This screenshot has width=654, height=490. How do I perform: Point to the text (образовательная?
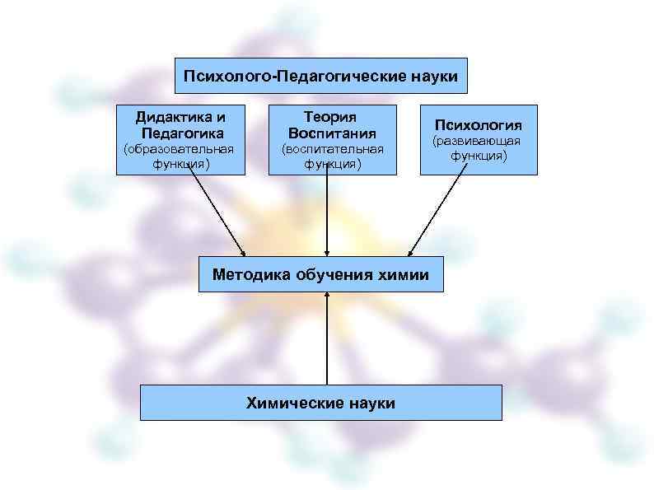click(x=179, y=149)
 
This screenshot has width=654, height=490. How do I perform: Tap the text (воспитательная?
click(x=333, y=149)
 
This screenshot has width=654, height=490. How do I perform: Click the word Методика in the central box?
click(x=250, y=274)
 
